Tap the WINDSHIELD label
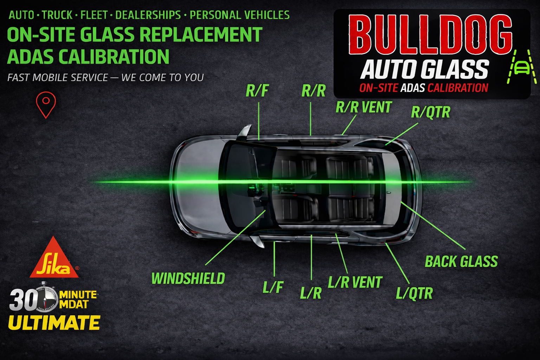188,278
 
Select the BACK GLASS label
461,262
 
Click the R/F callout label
257,91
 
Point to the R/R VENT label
364,107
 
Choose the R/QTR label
431,112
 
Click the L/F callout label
273,288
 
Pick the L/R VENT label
355,282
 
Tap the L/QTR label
414,293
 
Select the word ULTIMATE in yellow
54,323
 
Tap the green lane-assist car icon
521,67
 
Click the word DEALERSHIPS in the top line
148,15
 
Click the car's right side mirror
245,131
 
